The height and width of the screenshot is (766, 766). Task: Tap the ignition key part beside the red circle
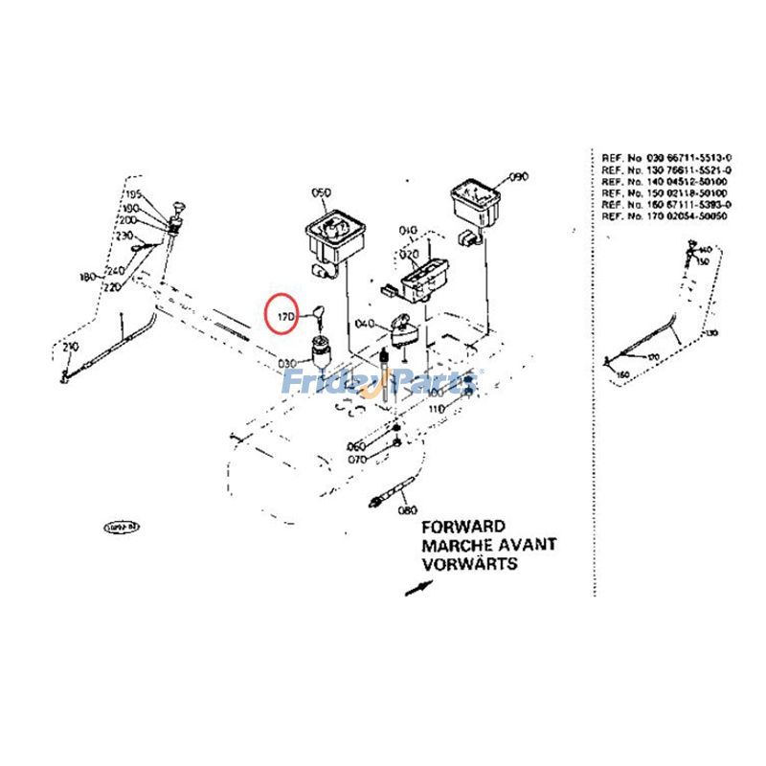coord(313,310)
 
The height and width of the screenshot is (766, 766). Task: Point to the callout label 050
coord(320,192)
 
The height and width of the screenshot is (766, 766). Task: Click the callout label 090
coord(518,177)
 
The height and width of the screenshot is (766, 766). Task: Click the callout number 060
coord(356,447)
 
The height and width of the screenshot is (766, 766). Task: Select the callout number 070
coord(356,459)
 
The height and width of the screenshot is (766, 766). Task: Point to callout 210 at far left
coord(70,346)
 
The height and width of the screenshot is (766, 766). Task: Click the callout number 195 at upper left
coord(131,195)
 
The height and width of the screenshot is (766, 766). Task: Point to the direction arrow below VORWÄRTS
coord(416,587)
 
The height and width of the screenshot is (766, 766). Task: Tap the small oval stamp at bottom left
coord(122,527)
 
